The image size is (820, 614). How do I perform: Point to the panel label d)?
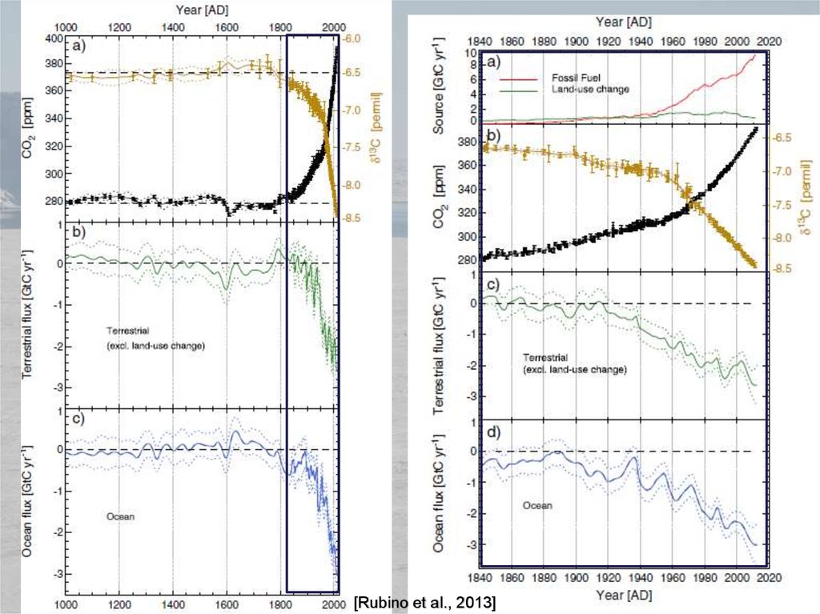click(488, 433)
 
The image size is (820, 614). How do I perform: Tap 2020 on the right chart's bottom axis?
click(768, 576)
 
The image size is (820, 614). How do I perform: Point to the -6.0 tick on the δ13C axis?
click(352, 38)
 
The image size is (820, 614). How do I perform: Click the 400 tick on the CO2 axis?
click(52, 38)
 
